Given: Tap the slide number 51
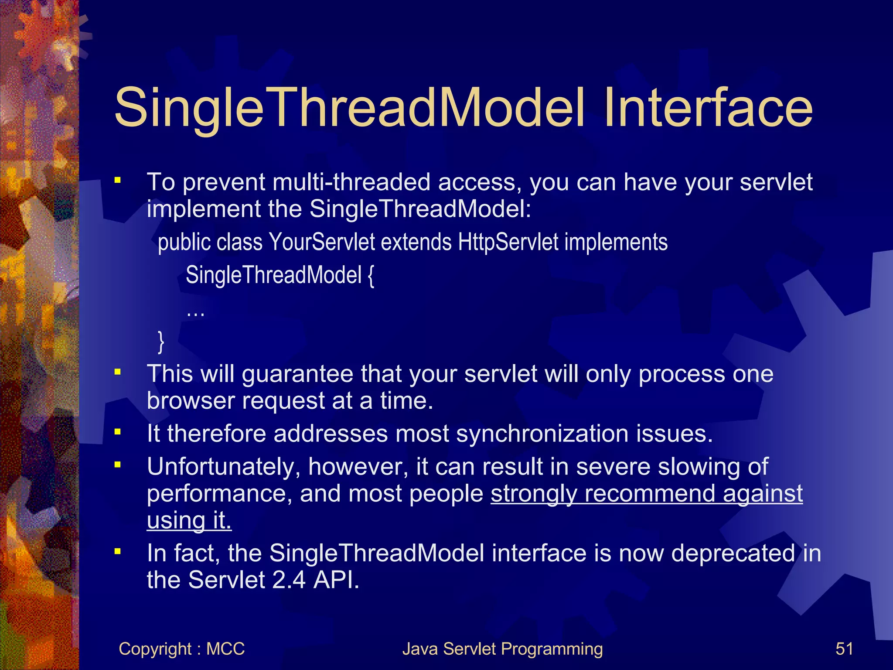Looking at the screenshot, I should click(844, 649).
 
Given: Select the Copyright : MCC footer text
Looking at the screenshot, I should click(181, 649).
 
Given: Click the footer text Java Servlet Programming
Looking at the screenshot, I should click(502, 649).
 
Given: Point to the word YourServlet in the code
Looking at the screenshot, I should click(321, 242).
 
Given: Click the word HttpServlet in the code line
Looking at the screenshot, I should click(508, 242).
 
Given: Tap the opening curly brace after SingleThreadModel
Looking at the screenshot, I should click(371, 276).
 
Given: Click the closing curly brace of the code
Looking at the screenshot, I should click(161, 342).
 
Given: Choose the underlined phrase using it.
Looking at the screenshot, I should click(189, 520).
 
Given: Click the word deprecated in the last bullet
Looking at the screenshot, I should click(733, 553).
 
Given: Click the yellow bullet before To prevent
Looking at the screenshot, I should click(117, 180).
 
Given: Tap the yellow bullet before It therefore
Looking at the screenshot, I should click(117, 432).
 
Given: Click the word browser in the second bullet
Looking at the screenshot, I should click(191, 400).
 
